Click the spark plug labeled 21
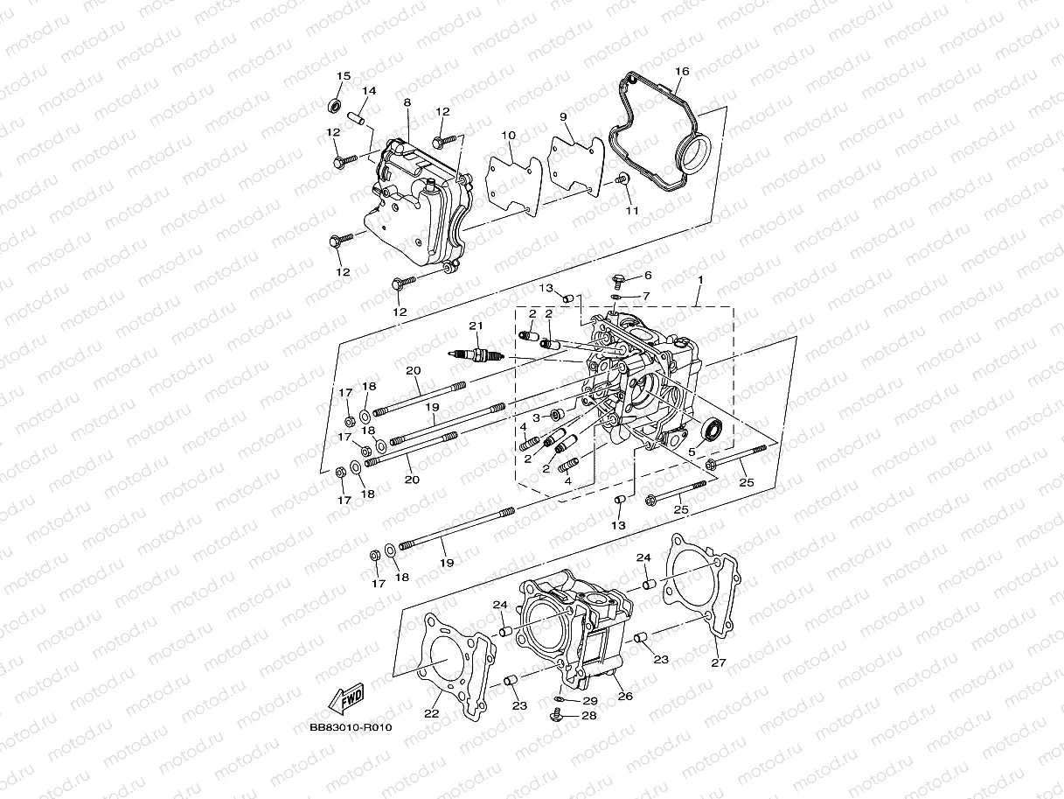476,354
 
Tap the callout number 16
682,71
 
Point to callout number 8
407,102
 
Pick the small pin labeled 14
357,116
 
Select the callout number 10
508,135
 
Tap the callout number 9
563,116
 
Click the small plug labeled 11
623,179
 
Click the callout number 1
699,277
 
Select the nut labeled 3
554,413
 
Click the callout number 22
431,713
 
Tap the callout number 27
718,662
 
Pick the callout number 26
625,697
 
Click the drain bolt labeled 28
557,716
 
